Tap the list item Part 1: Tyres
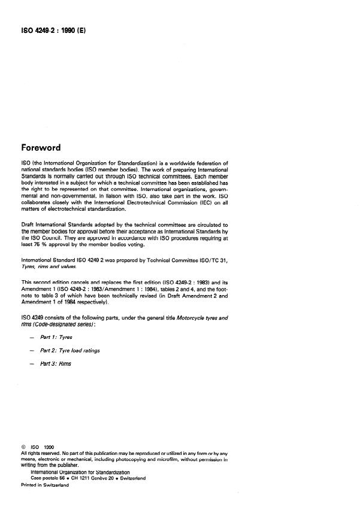pos(56,337)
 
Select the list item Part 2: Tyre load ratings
pos(69,350)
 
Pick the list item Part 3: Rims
pos(56,363)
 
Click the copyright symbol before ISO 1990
pos(23,447)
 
